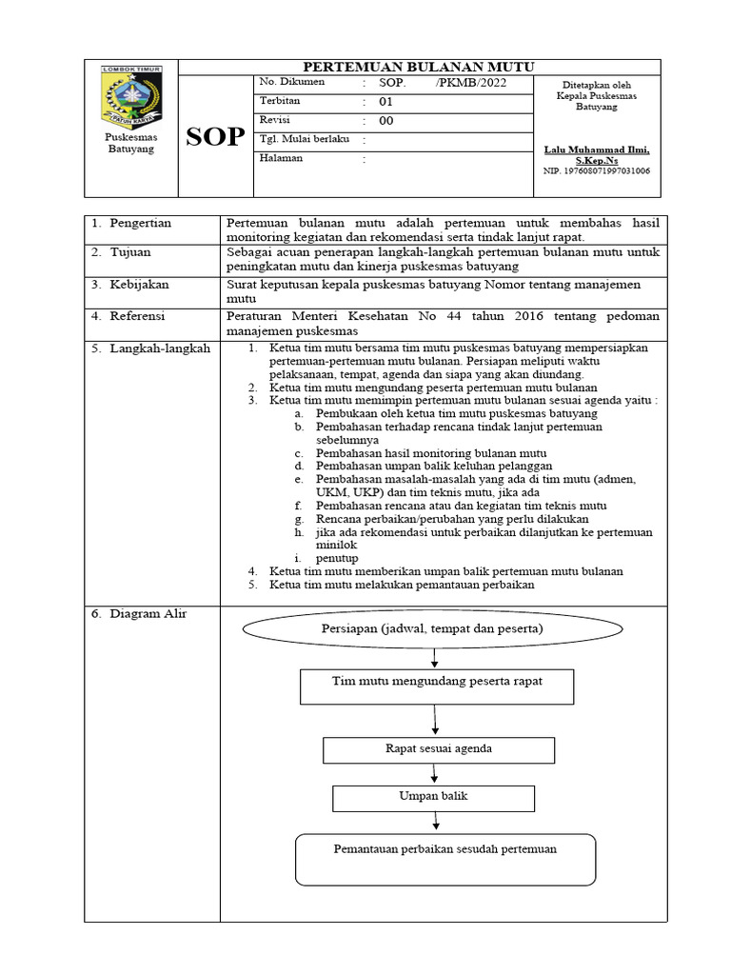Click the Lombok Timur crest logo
[x=132, y=96]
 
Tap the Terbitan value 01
[x=385, y=101]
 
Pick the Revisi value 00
[x=385, y=121]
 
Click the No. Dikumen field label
[x=291, y=82]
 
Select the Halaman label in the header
[x=281, y=158]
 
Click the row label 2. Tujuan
[x=122, y=253]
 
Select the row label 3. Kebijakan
[x=129, y=284]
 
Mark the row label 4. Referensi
[x=128, y=314]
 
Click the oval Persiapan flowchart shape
[x=433, y=629]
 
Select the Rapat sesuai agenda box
[x=438, y=749]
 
